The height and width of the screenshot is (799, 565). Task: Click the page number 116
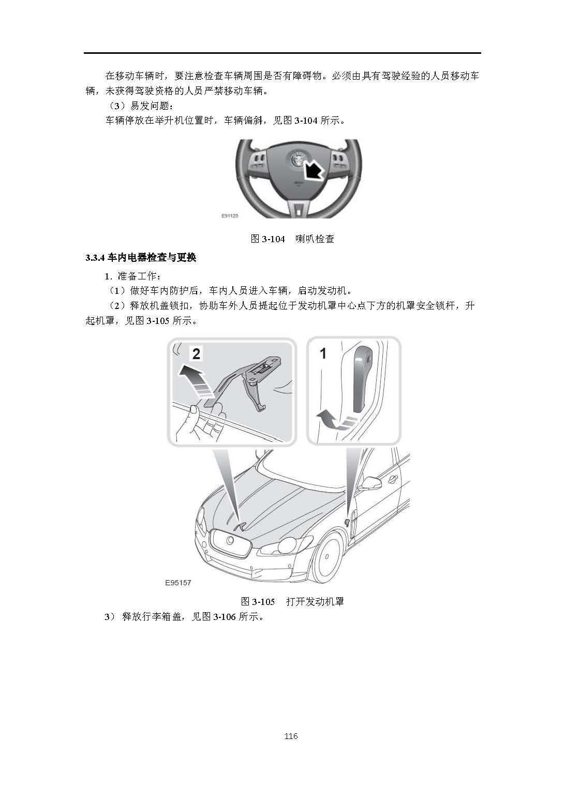coord(291,736)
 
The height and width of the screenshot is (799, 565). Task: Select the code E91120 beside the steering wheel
coord(230,216)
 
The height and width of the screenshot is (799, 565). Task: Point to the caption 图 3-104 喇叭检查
coord(292,239)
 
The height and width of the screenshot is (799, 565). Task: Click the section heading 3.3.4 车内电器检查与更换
coord(141,258)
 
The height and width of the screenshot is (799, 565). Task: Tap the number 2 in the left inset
coord(196,354)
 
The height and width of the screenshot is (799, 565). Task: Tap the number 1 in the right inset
coord(323,353)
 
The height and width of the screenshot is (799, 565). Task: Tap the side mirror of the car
coord(370,483)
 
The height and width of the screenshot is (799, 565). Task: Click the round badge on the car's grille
coord(230,541)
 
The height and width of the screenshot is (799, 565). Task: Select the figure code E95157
coord(178,583)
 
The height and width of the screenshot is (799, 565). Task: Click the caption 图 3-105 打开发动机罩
coord(292,602)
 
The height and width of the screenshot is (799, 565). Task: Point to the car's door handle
coord(393,479)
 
